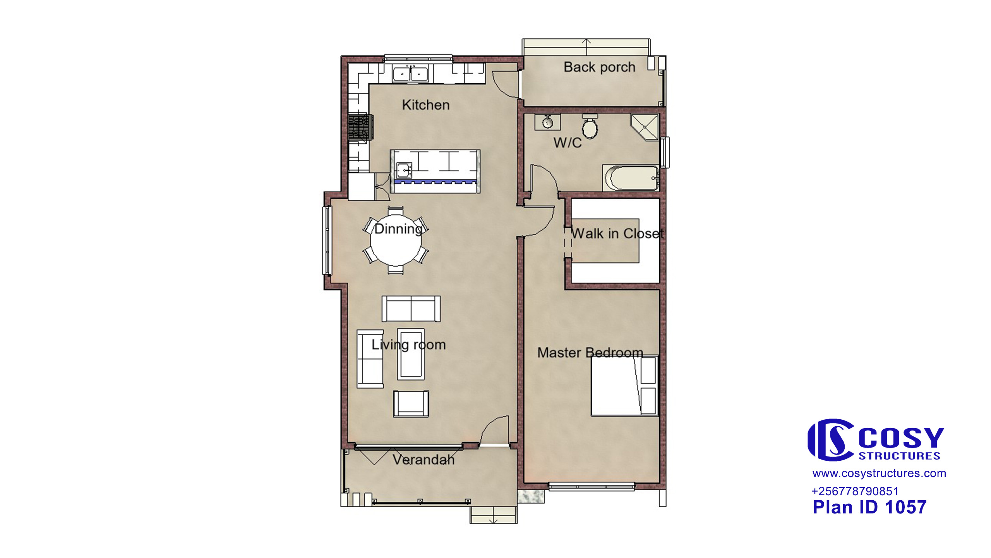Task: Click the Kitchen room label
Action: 425,105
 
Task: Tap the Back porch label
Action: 599,67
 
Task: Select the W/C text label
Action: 568,143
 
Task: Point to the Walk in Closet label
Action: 617,233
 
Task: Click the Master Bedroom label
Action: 590,353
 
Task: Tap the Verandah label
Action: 423,460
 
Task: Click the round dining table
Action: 396,241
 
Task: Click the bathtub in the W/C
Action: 631,178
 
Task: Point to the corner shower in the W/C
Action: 644,127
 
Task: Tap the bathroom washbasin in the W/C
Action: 547,122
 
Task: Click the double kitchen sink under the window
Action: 410,74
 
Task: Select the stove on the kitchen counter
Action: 361,127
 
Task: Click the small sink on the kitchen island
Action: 404,170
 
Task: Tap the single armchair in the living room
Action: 411,404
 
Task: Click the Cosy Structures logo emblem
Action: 831,440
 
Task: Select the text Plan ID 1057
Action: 869,507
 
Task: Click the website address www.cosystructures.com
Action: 879,473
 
